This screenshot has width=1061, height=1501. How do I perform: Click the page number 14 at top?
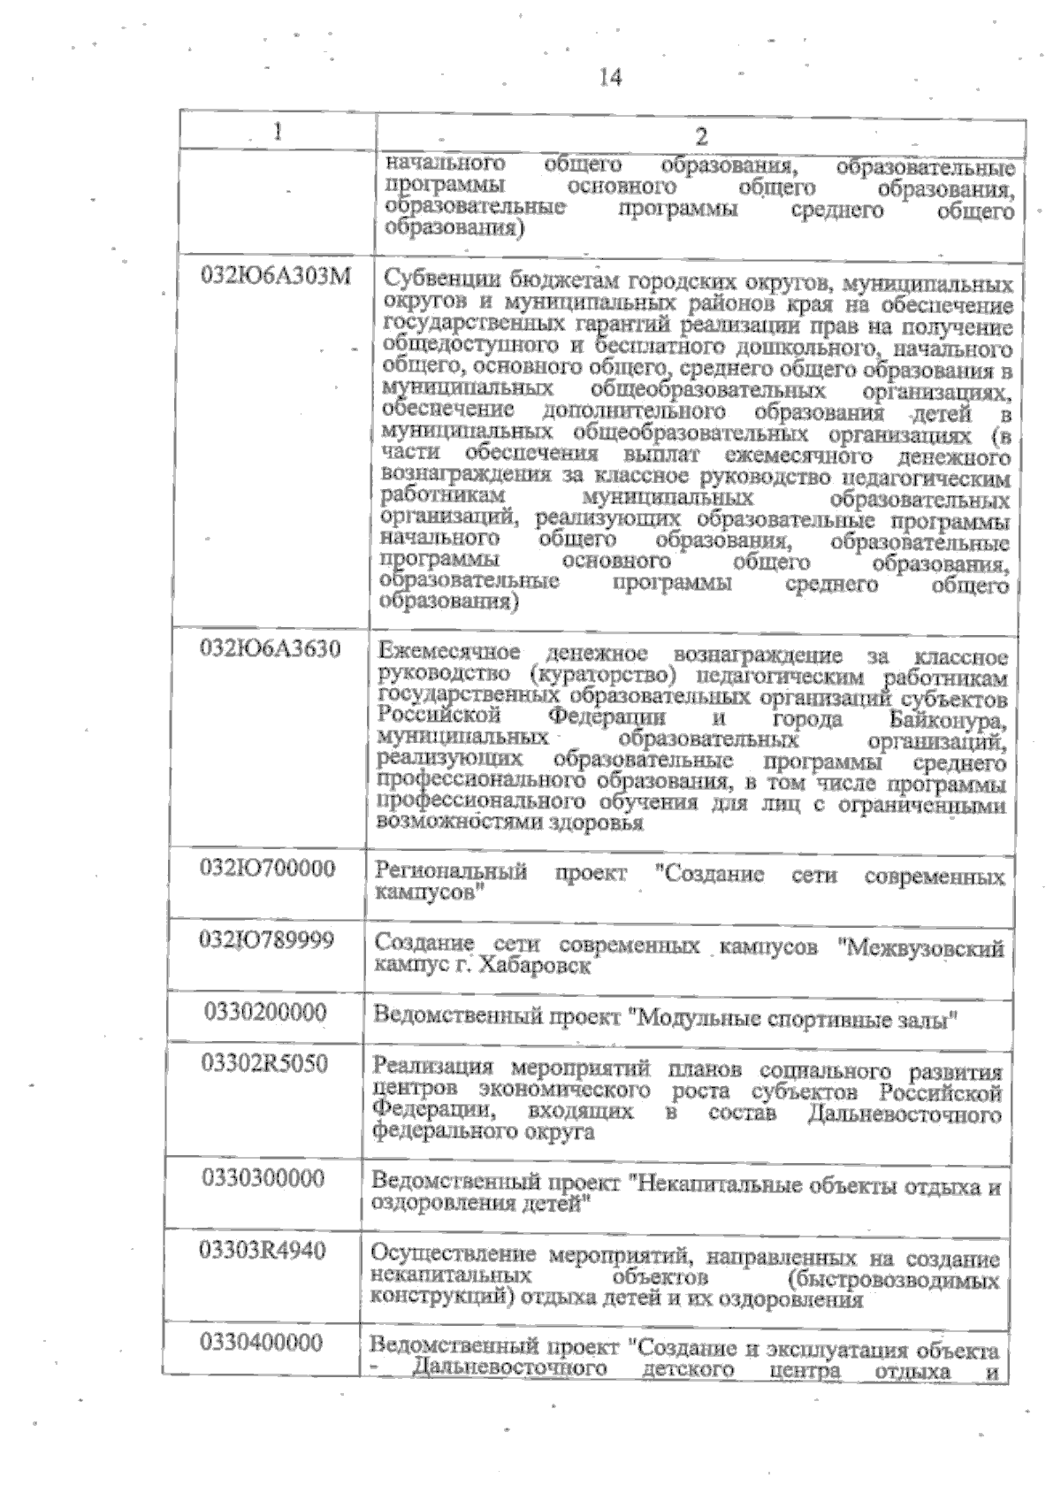coord(610,78)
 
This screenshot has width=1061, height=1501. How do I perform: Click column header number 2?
coord(701,136)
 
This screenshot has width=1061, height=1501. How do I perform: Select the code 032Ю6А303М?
coord(276,276)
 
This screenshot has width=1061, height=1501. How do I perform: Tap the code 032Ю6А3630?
coord(271,649)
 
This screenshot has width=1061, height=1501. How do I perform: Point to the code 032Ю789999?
coord(267,939)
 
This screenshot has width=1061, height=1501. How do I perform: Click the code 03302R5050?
coord(264,1063)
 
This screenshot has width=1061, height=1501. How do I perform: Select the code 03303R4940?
coord(263,1250)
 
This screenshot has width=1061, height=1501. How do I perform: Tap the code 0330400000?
coord(261,1343)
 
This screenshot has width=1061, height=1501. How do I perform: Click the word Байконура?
coord(948,721)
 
